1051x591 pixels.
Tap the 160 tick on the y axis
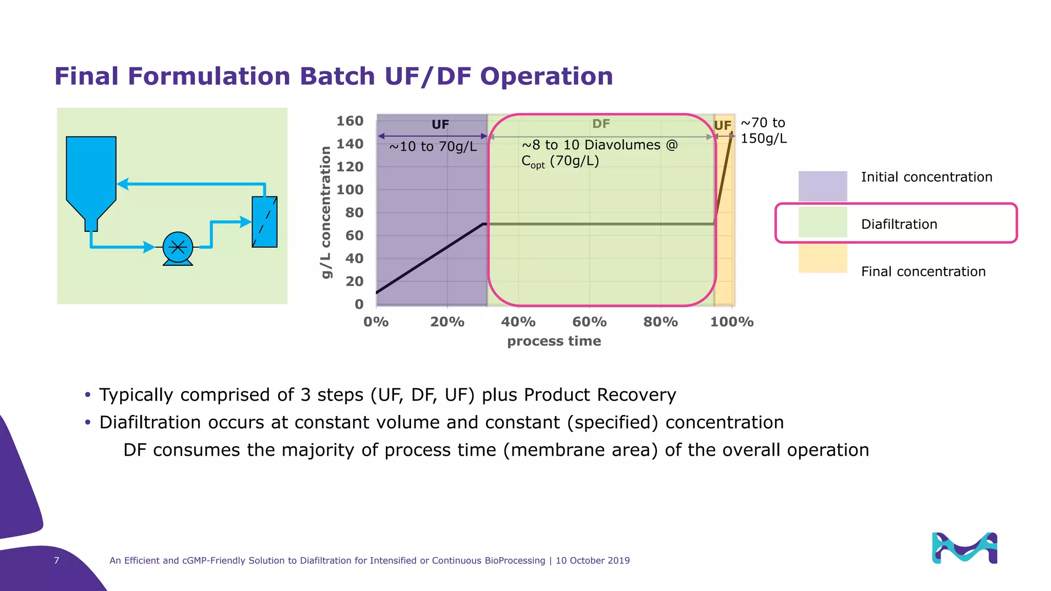350,121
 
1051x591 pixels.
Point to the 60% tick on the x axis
589,322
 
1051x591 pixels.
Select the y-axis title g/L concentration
325,212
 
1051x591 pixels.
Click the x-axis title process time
554,341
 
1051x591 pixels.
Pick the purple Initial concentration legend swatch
822,186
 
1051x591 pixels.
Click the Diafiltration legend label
899,224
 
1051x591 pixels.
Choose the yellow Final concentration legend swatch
822,258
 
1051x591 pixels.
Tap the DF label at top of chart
601,124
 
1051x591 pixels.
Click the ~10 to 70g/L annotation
433,147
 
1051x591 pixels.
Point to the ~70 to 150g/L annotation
763,130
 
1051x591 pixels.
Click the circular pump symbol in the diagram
178,248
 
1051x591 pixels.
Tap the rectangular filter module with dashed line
264,222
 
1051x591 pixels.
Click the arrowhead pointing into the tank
123,184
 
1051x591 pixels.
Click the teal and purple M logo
964,548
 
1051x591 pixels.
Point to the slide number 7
56,560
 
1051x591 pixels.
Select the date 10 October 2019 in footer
592,561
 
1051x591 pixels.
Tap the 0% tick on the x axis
376,322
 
